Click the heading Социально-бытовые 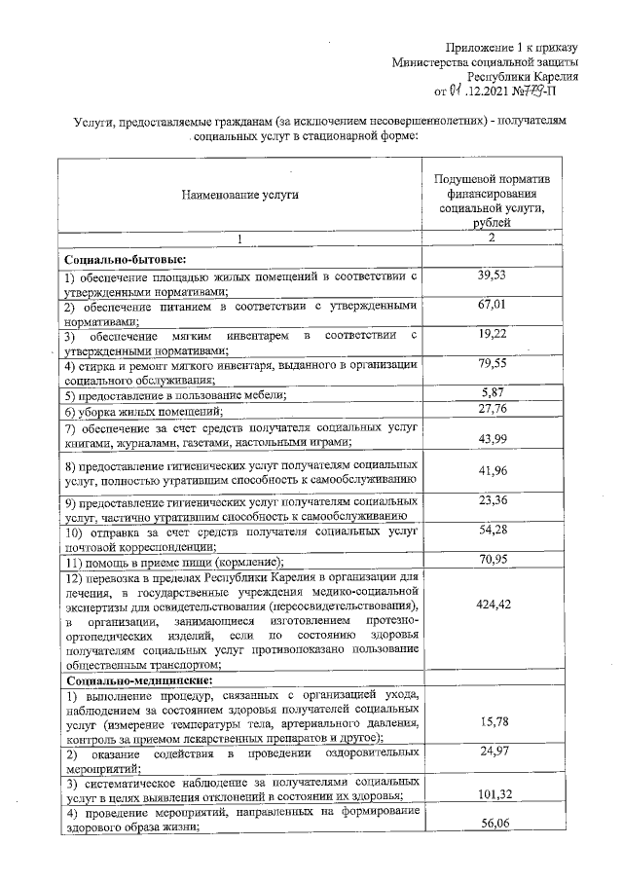tap(125, 259)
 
